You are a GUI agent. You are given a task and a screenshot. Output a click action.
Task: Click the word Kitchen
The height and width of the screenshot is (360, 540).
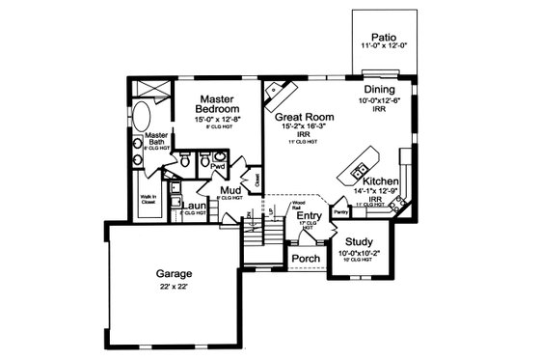[x=381, y=180]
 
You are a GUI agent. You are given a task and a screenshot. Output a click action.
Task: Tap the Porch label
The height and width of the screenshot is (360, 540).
[x=306, y=259]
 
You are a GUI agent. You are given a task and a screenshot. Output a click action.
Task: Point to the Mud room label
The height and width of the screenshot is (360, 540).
[x=230, y=190]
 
